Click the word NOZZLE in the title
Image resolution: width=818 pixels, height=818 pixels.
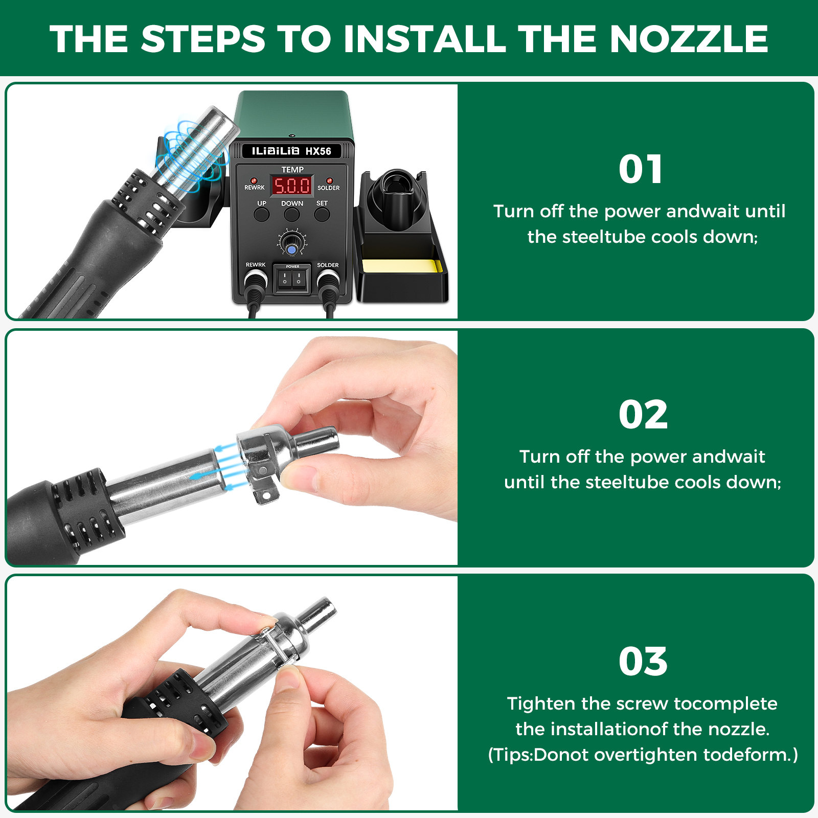tap(689, 39)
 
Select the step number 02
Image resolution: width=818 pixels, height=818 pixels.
tap(643, 415)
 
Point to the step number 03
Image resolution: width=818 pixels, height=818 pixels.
tap(643, 662)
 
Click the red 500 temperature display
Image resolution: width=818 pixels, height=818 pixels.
tap(291, 185)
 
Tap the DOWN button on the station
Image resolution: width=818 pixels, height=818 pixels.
tap(292, 214)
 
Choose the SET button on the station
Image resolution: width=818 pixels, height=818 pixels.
tap(322, 214)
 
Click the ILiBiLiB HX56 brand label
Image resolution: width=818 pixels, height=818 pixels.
tap(291, 151)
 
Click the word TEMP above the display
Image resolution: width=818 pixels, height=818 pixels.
tap(292, 169)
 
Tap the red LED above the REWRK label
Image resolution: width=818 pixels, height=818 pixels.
tap(254, 180)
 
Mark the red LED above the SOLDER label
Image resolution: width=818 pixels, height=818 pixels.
tap(329, 180)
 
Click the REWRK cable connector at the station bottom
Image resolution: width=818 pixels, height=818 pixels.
tap(255, 282)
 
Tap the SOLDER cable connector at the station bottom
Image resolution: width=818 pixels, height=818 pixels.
tap(328, 282)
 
